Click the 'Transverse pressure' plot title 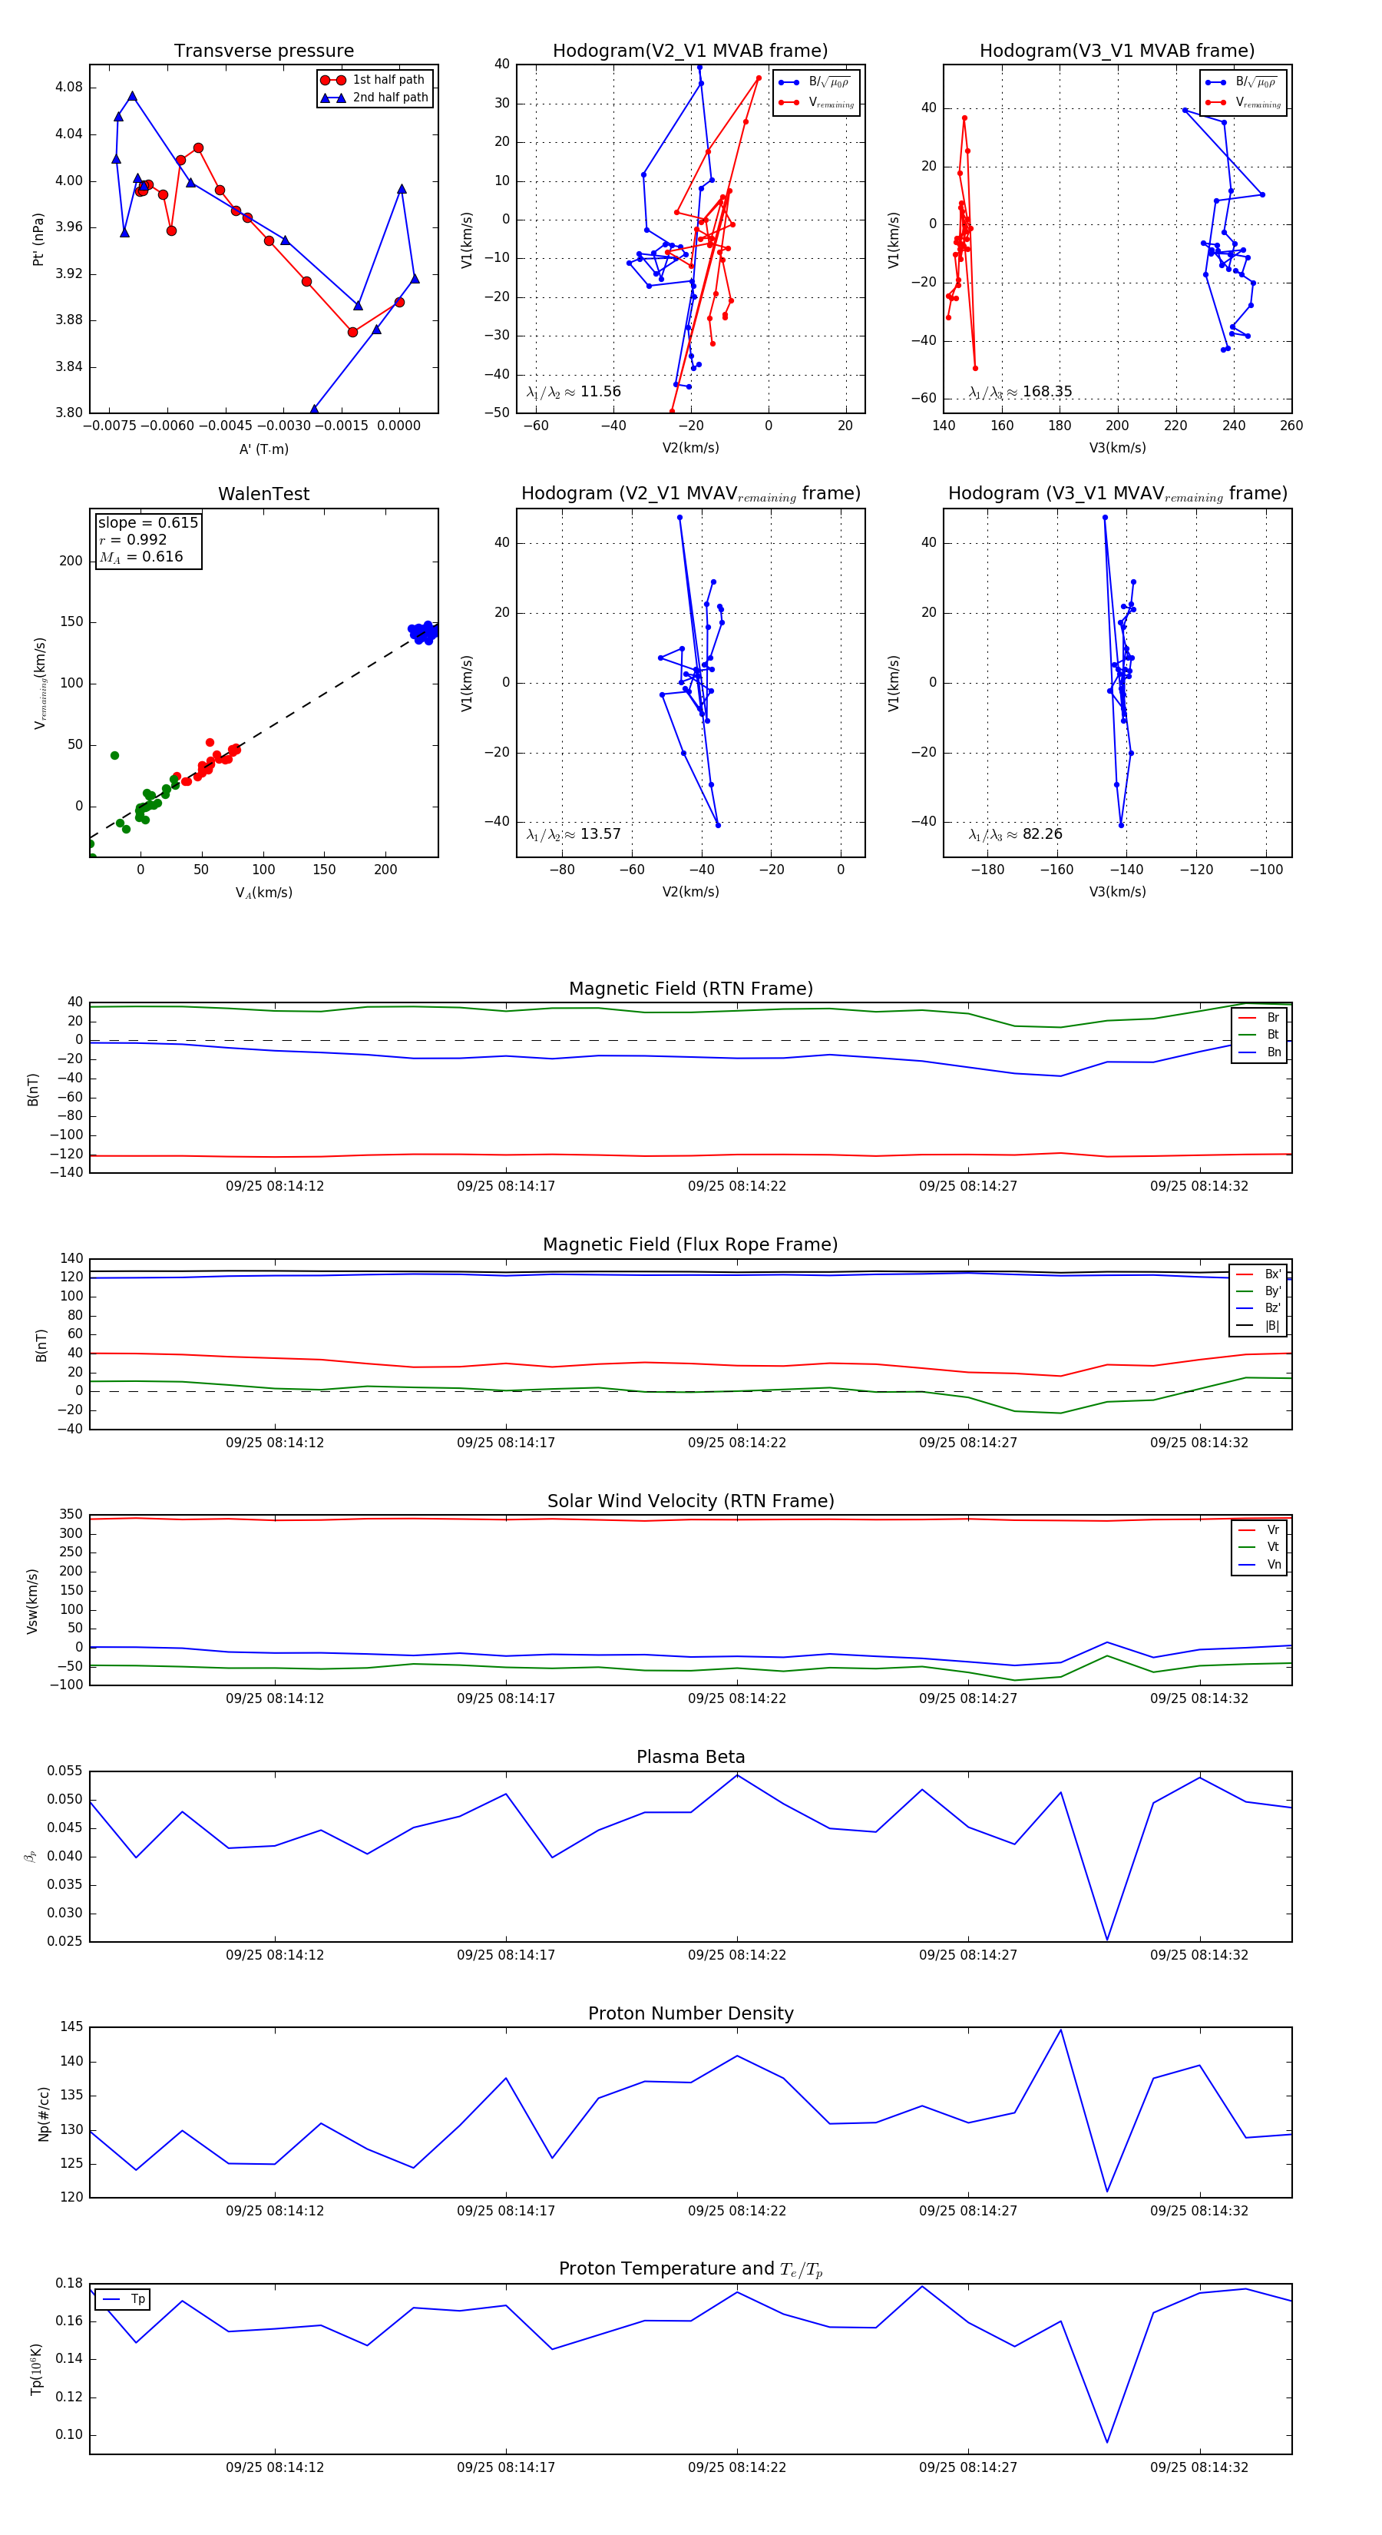263,51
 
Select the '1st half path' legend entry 388,80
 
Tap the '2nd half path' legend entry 389,98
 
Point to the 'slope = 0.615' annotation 147,522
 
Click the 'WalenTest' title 263,494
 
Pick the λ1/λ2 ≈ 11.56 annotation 574,392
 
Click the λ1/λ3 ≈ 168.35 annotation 1020,392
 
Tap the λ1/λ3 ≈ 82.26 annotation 1015,834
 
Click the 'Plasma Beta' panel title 690,1757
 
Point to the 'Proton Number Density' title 690,2013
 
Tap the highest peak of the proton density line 1060,2030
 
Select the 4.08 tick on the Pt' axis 69,88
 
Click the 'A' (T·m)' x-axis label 263,449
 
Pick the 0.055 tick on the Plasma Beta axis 65,1771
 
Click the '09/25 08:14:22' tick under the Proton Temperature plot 737,2467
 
